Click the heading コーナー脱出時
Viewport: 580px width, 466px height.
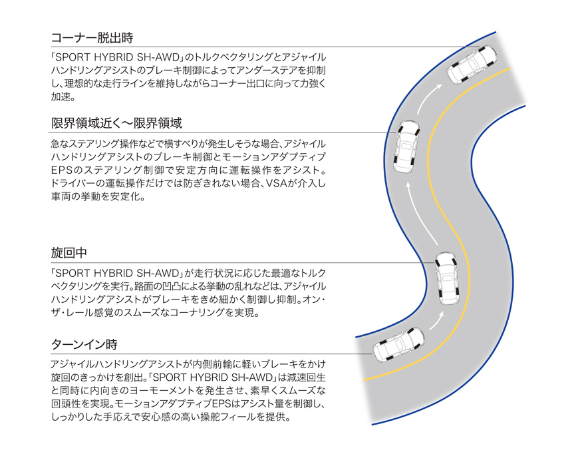tap(92, 38)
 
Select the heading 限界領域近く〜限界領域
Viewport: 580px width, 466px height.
tap(116, 123)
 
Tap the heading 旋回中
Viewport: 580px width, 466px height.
tap(69, 253)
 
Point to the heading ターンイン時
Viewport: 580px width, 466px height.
tap(84, 344)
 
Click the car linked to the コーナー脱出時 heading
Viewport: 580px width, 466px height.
tap(472, 65)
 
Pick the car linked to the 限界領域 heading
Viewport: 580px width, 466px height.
tap(407, 146)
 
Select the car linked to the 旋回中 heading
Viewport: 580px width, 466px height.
tap(447, 278)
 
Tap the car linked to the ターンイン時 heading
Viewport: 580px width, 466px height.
tap(398, 344)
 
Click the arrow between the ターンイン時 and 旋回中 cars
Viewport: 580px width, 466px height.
tap(436, 320)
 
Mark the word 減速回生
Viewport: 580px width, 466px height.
tap(307, 377)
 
